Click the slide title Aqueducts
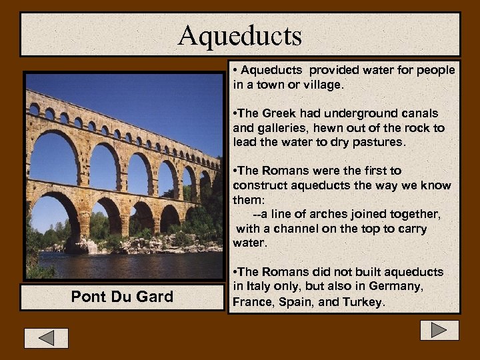240,35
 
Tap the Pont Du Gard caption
121,297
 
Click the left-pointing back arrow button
46,338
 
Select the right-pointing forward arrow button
439,330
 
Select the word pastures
378,142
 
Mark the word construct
260,185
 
